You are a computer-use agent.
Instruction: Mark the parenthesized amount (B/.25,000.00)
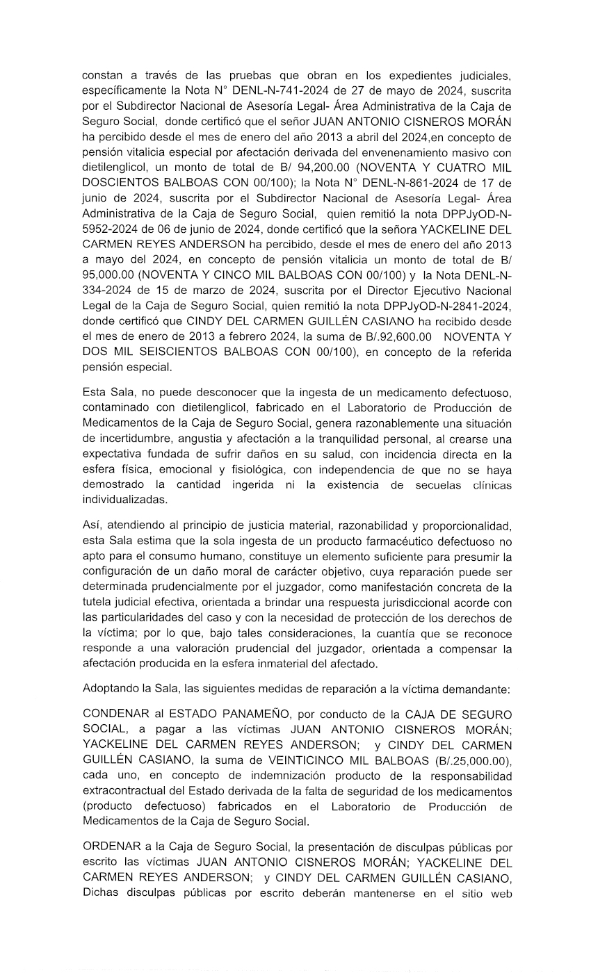pyautogui.click(x=467, y=760)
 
